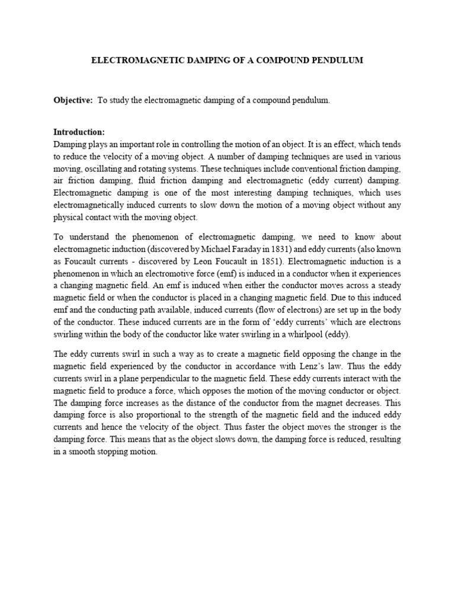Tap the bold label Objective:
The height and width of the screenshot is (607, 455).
tap(73, 101)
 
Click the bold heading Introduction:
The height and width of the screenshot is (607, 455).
tap(79, 132)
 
